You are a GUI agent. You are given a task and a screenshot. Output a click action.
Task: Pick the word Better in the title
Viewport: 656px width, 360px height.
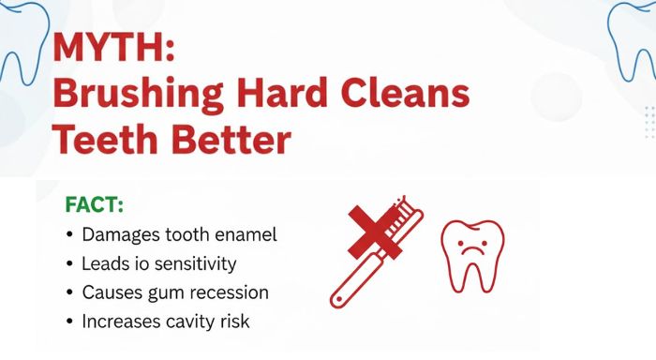(x=224, y=141)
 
